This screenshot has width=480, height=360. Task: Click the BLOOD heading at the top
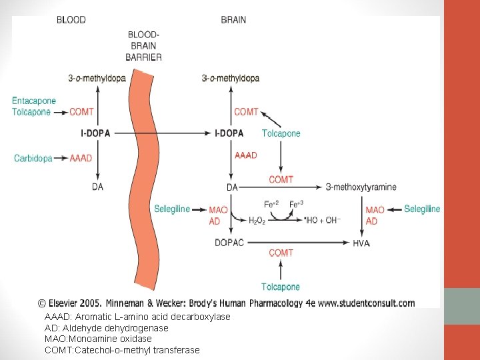point(71,20)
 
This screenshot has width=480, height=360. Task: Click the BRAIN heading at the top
point(233,20)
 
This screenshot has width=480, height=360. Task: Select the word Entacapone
point(34,101)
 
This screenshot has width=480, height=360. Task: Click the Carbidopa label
point(33,158)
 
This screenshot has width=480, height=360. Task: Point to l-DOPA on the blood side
point(95,133)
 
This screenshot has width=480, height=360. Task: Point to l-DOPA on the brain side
point(229,133)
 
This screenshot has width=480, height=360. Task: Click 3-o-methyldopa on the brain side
point(230,78)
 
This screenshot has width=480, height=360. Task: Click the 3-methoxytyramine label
point(361,187)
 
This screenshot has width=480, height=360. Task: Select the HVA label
point(361,243)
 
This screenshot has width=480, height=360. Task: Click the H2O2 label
point(257,221)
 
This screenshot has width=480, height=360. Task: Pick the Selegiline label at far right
point(422,209)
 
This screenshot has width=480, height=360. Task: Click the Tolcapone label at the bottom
point(281,287)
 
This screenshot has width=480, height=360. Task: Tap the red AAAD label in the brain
point(246,155)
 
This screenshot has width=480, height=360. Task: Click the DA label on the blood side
point(97,187)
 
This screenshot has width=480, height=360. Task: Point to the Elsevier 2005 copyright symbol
point(41,303)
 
